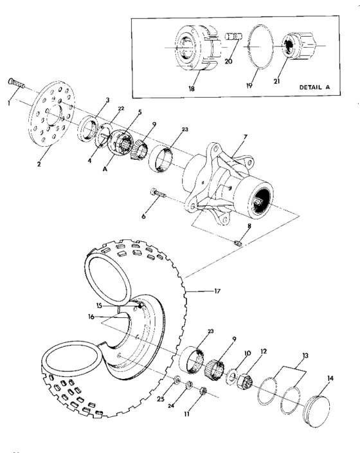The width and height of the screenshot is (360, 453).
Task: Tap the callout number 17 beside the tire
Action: click(x=217, y=291)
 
